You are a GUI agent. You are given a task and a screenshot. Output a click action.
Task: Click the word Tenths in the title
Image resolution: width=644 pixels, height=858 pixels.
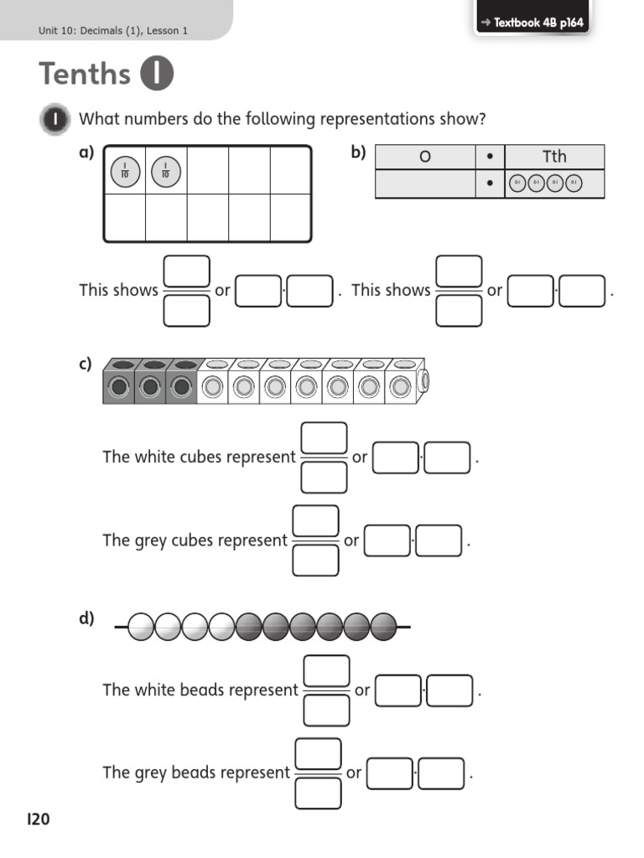[x=84, y=74]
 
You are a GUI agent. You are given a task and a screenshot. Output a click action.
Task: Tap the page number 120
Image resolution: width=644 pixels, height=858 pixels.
[x=39, y=819]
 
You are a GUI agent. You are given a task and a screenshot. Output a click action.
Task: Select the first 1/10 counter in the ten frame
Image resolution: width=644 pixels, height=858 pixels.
[x=125, y=172]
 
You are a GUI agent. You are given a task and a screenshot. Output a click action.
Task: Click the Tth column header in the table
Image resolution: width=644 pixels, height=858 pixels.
[x=554, y=157]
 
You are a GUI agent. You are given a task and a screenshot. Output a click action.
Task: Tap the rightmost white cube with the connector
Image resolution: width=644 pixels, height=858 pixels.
[x=402, y=386]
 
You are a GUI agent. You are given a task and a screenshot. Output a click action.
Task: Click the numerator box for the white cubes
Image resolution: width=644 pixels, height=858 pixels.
[x=324, y=437]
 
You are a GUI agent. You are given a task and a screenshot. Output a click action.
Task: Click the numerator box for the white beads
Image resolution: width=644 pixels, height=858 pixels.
[x=326, y=670]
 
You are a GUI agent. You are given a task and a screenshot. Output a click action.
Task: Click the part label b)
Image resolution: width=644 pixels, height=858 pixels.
[x=359, y=152]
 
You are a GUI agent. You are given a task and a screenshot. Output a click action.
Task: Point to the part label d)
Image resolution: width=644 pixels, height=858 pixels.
[x=86, y=618]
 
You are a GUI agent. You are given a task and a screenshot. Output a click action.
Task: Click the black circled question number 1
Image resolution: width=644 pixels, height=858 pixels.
[x=55, y=120]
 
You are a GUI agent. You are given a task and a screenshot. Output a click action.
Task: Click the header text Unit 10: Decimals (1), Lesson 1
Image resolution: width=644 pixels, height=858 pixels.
[x=113, y=31]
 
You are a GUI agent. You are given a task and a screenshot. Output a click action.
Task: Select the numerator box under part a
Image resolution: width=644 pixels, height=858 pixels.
[x=186, y=271]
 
